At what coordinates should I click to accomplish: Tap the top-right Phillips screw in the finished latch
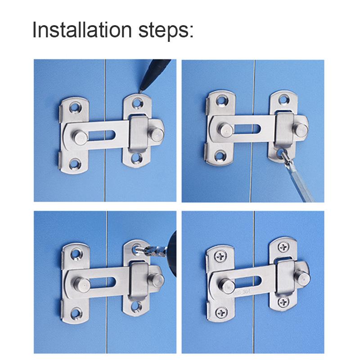point(282,246)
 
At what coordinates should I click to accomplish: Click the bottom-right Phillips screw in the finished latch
point(282,300)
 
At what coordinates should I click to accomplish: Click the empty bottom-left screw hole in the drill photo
point(73,311)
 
